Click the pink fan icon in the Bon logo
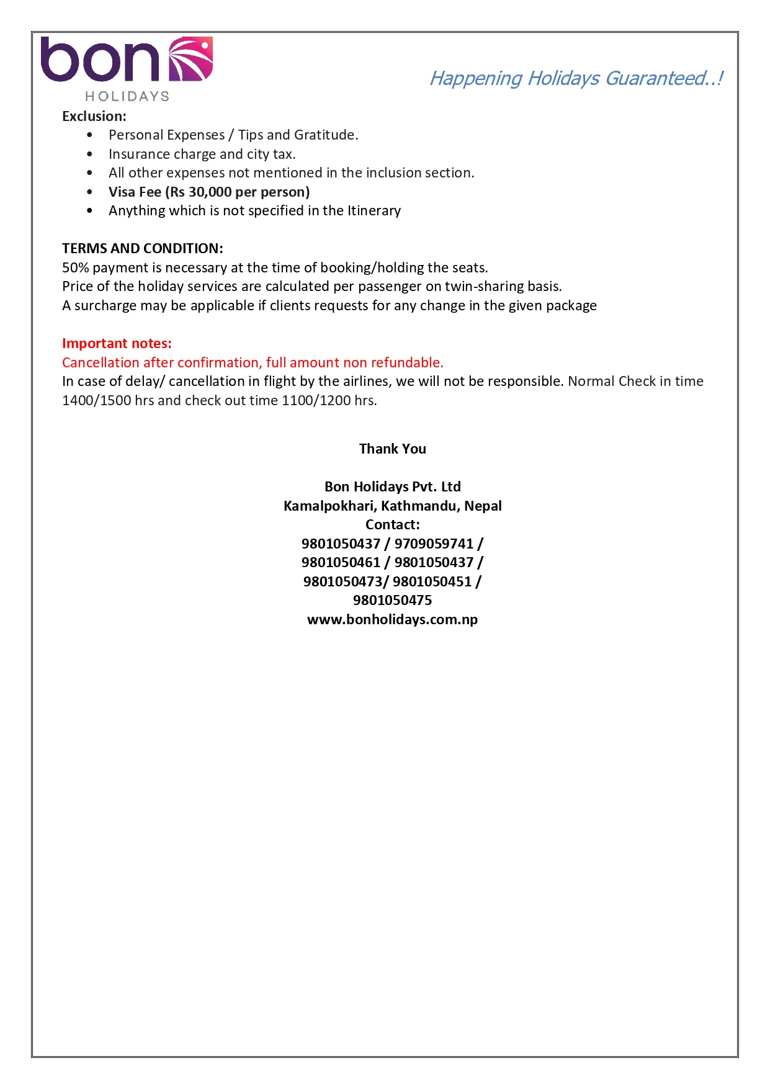coord(190,60)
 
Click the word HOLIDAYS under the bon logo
coord(127,96)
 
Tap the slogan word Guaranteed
coord(656,78)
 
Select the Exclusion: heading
coord(94,116)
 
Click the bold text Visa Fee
coord(135,192)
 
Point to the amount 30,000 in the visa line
coord(210,192)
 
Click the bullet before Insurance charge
coord(90,154)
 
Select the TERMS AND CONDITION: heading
coord(143,248)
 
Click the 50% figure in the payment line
coord(76,267)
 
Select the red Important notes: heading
coord(117,343)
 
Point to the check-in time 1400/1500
coord(97,400)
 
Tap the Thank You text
coord(392,449)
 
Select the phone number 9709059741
coord(434,544)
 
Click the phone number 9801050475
coord(392,600)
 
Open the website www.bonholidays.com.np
coord(392,619)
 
